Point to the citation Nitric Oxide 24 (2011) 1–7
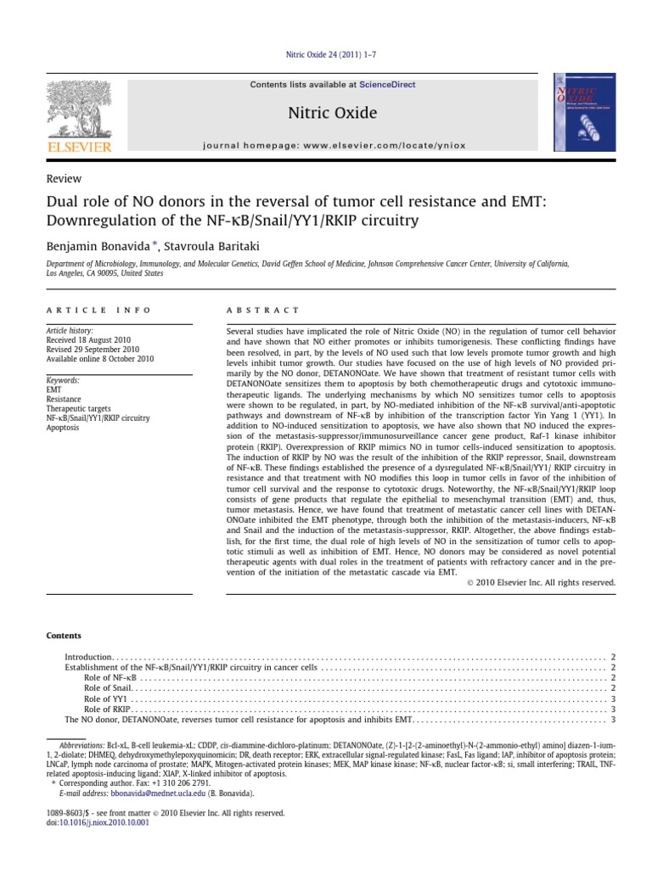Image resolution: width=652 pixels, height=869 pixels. [x=326, y=59]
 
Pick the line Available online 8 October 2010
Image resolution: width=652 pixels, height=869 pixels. [x=99, y=358]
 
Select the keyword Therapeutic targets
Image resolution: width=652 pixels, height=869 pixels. [x=76, y=409]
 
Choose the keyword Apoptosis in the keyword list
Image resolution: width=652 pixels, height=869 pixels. [x=63, y=428]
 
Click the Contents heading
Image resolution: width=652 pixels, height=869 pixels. [x=65, y=636]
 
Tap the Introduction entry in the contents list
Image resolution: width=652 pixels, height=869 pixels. [x=88, y=658]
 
